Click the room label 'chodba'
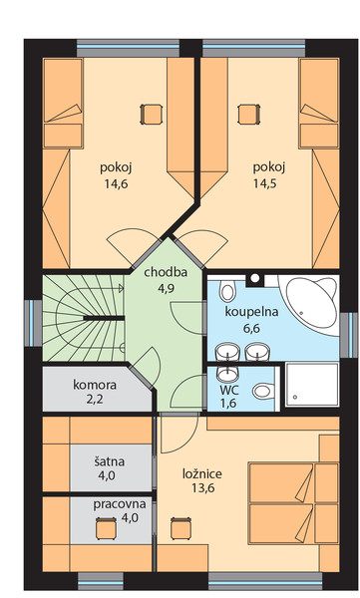click(x=166, y=272)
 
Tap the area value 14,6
click(x=116, y=183)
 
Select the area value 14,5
click(x=265, y=183)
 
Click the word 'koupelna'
click(x=251, y=312)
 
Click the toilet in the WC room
click(x=263, y=391)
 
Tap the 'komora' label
click(x=95, y=385)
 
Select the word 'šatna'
click(x=109, y=461)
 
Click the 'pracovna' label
click(x=120, y=504)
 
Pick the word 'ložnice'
click(x=202, y=473)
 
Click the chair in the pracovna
click(x=106, y=528)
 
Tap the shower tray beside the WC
click(x=312, y=384)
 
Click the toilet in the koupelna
click(x=227, y=291)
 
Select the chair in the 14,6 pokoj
click(x=152, y=114)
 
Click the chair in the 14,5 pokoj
click(x=249, y=114)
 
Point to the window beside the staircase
click(x=34, y=323)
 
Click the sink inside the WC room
click(x=228, y=374)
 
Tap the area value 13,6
click(x=203, y=488)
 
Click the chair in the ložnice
click(x=180, y=528)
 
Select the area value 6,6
click(x=251, y=328)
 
